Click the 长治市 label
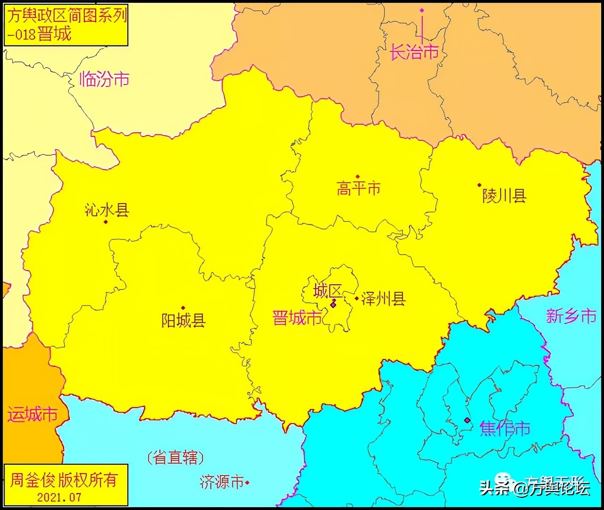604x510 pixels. pos(414,52)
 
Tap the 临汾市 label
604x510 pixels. pos(104,79)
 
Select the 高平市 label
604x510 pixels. pos(358,189)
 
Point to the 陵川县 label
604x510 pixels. pos(504,195)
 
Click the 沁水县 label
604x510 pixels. pos(107,210)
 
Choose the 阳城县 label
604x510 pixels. pos(184,321)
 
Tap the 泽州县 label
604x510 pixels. pos(383,298)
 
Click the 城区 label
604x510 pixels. pos(327,291)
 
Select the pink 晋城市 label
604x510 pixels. pos(297,318)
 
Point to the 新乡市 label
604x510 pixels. pos(571,316)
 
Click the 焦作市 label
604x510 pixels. pos(504,428)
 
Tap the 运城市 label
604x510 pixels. pos(32,415)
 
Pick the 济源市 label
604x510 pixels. pos(221,482)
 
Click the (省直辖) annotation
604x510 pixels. pos(175,457)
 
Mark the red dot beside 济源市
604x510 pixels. pos(247,483)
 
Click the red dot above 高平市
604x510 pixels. pos(358,177)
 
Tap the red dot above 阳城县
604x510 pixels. pos(183,308)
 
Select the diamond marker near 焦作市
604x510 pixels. pos(467,420)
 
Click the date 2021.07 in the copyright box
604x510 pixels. pos(59,497)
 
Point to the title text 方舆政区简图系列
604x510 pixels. pos(66,16)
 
